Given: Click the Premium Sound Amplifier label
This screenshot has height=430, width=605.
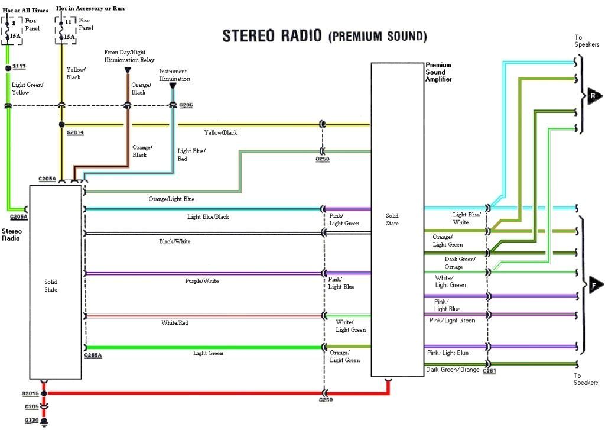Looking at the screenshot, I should (439, 72).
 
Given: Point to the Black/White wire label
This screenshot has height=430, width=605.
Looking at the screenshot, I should (175, 241).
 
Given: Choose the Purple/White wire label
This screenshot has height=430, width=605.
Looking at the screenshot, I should (201, 281).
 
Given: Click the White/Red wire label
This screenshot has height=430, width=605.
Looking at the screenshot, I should (175, 323).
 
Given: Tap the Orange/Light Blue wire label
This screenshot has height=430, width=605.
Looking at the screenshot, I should (171, 199).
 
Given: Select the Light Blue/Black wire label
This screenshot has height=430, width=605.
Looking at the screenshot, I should (208, 217).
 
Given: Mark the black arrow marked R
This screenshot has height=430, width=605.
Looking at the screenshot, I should (594, 96).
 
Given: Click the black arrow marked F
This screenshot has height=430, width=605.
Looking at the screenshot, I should (594, 284).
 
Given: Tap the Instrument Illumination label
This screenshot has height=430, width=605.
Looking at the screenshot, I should (174, 75).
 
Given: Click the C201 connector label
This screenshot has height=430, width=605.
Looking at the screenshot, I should (489, 371).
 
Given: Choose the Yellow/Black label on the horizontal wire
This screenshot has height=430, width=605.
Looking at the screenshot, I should (220, 133).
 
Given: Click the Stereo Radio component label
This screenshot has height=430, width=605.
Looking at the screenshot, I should (12, 235).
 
